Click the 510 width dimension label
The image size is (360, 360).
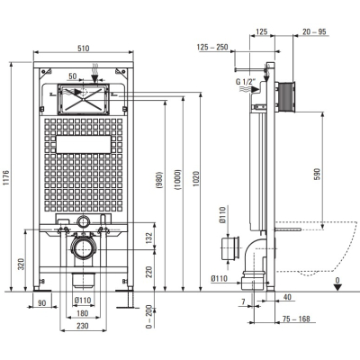point(84,48)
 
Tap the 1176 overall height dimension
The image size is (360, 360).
point(7,178)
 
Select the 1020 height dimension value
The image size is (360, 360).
point(195,178)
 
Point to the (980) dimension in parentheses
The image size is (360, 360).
point(159,180)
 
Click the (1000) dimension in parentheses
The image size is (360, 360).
point(178,180)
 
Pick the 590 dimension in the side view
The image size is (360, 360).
point(318,174)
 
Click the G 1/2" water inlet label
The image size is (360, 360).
point(246,82)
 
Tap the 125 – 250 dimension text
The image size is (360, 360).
point(212,47)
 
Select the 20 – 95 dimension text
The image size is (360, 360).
point(314,31)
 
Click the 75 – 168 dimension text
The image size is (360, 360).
point(297,319)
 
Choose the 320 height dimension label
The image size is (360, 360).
point(22,264)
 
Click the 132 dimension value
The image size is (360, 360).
point(149,238)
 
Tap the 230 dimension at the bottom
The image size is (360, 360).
point(83,326)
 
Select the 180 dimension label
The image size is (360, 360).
point(83,313)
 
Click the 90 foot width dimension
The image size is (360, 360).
point(42,303)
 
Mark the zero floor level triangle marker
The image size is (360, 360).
point(338,287)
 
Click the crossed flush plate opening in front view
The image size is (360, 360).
point(84,99)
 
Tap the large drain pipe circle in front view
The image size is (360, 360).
point(83,248)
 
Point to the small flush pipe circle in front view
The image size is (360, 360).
point(83,221)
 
